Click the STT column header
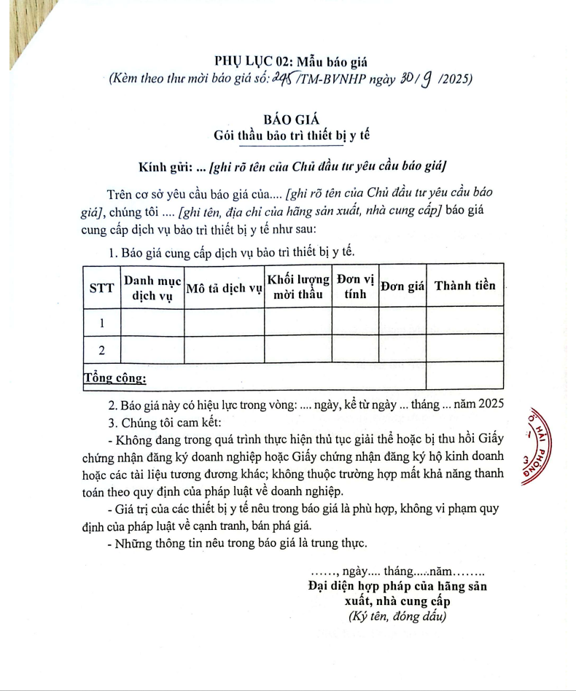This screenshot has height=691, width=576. [x=100, y=286]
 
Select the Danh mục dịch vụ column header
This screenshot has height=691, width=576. [x=152, y=288]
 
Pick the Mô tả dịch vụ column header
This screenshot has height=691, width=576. [x=223, y=287]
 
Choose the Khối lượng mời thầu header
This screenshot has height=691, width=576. [x=297, y=287]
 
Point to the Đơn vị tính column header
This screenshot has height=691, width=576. [x=355, y=287]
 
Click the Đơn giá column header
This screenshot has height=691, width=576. [x=402, y=286]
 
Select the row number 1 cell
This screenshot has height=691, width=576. [x=100, y=321]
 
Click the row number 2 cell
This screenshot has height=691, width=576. [x=100, y=350]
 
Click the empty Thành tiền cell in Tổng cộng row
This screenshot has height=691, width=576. [x=464, y=376]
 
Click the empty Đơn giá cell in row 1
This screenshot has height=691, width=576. [x=402, y=321]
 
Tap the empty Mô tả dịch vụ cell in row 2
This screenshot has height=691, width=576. [x=223, y=350]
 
